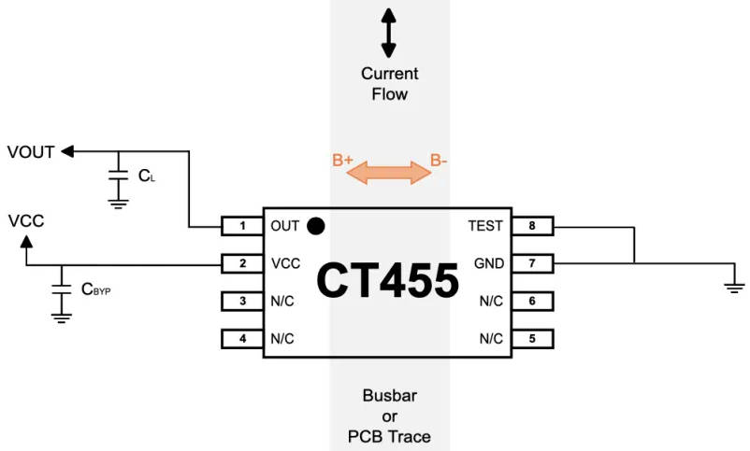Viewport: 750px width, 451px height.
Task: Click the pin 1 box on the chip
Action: (241, 226)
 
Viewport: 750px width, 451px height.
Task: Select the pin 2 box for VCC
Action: (241, 263)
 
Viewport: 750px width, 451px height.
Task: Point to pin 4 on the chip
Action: (241, 339)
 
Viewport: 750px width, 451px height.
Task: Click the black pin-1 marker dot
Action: (316, 225)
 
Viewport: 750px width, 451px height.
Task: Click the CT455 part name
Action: (387, 281)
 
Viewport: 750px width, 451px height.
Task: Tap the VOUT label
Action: (31, 151)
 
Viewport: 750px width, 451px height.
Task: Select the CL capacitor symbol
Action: (118, 175)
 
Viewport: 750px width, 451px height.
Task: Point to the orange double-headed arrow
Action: (390, 170)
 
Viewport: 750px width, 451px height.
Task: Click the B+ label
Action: (342, 161)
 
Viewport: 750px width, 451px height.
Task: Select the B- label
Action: (439, 161)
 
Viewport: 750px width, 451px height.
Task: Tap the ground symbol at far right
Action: (732, 287)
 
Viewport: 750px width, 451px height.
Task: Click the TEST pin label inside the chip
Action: (484, 226)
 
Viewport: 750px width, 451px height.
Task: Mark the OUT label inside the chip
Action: (284, 226)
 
